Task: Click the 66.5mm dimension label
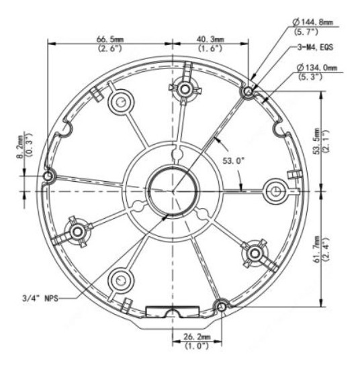tap(110, 39)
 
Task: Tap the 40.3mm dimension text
tap(210, 39)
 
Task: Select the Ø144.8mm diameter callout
tap(313, 22)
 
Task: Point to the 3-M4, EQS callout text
tap(315, 47)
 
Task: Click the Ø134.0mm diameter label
tap(317, 68)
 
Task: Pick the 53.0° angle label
tap(234, 161)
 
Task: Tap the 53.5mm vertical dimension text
tap(316, 141)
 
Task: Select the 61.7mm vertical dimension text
tap(316, 249)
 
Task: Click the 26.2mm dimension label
tap(197, 337)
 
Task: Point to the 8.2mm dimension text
tap(20, 147)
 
